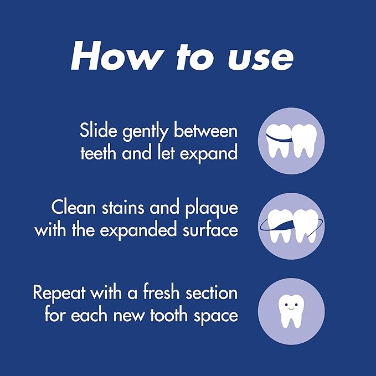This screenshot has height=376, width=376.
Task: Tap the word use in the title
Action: [261, 58]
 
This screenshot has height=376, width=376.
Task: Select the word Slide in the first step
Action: [99, 130]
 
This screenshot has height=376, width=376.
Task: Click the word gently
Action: [145, 132]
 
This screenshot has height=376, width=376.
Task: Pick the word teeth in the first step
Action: [98, 152]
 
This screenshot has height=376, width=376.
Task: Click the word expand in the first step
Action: [209, 154]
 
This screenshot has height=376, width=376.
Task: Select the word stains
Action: [123, 207]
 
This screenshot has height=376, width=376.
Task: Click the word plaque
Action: [212, 209]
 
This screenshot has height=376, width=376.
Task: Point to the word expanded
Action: [138, 230]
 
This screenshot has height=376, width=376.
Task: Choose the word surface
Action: [210, 229]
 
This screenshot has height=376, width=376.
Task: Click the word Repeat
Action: [59, 293]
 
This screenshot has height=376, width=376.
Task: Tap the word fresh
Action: [161, 292]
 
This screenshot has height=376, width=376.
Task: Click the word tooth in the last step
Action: [169, 315]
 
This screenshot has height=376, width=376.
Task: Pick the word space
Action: [216, 316]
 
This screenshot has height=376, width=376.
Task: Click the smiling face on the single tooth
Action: [291, 306]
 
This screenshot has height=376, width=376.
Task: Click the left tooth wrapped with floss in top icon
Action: [279, 141]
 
